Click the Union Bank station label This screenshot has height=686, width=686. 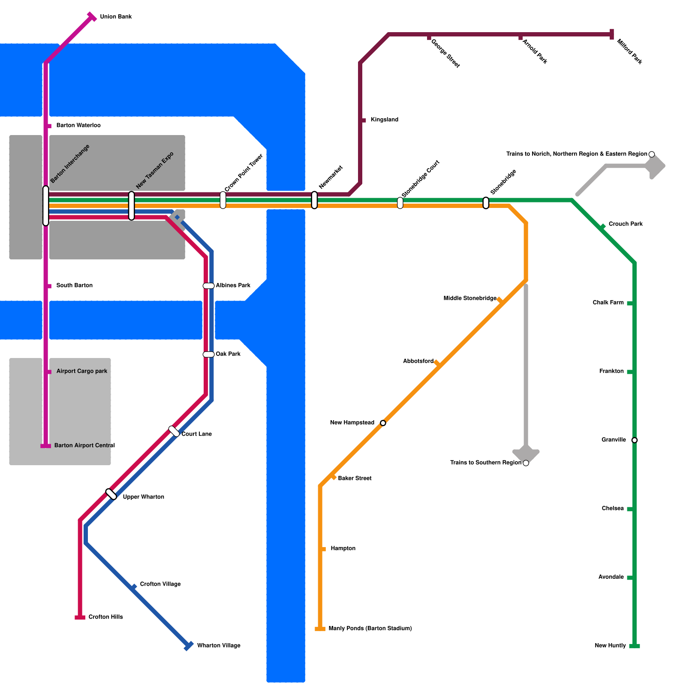[116, 17]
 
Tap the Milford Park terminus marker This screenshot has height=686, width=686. [612, 34]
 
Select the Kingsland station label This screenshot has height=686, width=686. [384, 120]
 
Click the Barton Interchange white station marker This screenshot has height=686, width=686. [46, 206]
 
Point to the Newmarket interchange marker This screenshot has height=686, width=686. [314, 200]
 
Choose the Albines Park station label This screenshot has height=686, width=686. [233, 286]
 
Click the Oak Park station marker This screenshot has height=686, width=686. [208, 355]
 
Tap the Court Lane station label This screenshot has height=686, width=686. [196, 434]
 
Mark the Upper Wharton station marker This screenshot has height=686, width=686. [111, 494]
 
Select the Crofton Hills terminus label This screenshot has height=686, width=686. [105, 617]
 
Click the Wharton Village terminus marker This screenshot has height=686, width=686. [188, 646]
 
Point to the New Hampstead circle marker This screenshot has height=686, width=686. [383, 423]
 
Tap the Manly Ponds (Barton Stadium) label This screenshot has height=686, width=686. [370, 629]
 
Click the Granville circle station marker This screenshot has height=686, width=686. [635, 440]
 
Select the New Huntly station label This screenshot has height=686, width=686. [610, 646]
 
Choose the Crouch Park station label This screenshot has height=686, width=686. [626, 224]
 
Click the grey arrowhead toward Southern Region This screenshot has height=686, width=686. [526, 454]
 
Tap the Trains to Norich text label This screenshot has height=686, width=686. [577, 154]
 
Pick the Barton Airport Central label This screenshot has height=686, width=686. [84, 446]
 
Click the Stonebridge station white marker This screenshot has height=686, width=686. [486, 203]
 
